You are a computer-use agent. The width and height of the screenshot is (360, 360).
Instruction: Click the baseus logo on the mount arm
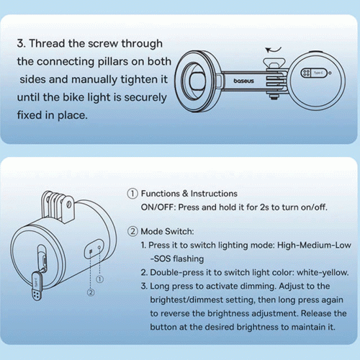[x=243, y=81]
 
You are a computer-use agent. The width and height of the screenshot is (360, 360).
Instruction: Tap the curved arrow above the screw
[x=273, y=50]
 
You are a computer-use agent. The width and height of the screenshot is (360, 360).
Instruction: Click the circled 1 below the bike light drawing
[x=99, y=279]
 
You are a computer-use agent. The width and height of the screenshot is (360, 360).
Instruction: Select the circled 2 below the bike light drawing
[x=91, y=292]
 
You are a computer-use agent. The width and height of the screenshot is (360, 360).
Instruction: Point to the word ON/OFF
[x=158, y=207]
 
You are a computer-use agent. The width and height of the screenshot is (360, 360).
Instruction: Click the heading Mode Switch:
[x=167, y=231]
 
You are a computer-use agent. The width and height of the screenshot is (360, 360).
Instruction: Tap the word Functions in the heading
[x=161, y=194]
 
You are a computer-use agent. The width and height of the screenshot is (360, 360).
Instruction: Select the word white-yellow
[x=323, y=272]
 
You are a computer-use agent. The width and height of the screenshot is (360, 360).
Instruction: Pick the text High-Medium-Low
[x=314, y=245]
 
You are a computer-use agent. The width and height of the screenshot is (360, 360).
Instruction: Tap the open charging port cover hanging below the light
[x=37, y=286]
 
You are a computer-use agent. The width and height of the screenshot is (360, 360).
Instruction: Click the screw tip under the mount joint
[x=274, y=96]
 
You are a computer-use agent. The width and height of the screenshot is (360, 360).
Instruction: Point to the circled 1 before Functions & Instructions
[x=132, y=194]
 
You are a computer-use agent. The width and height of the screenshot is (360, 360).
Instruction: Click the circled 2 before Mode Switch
[x=132, y=231]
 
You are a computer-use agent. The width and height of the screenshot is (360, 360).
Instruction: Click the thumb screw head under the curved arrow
[x=274, y=62]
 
